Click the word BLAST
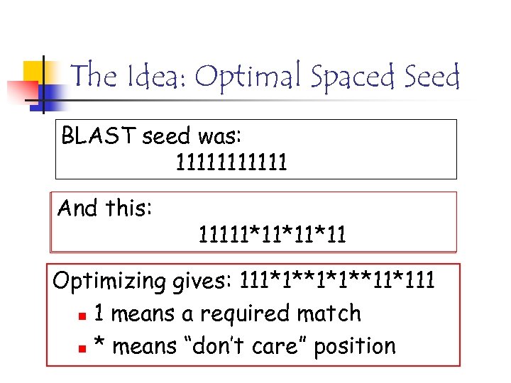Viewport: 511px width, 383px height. click(x=99, y=135)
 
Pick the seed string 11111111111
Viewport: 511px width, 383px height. click(x=231, y=163)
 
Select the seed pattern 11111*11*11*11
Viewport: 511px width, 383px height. click(x=273, y=233)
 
